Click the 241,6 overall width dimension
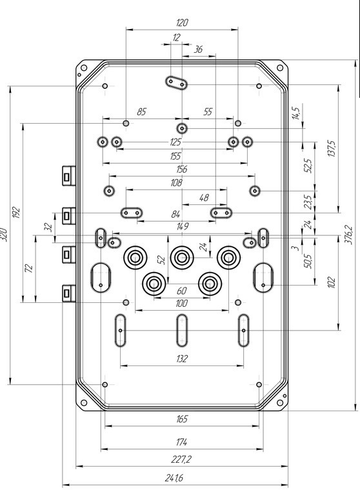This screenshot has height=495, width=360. [x=174, y=478]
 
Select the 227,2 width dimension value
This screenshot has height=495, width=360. [x=181, y=459]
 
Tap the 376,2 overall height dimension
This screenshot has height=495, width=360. [x=348, y=234]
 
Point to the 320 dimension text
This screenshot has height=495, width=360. [x=4, y=234]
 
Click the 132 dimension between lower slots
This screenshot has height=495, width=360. [x=181, y=358]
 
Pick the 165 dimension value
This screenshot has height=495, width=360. [x=182, y=419]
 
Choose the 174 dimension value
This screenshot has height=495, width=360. [x=181, y=442]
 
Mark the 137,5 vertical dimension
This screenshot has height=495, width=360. [x=332, y=149]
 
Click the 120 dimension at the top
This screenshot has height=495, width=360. [x=182, y=23]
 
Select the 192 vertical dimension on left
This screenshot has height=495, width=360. [x=16, y=212]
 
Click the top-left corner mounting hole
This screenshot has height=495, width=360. [x=84, y=68]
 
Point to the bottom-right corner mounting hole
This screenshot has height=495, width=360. [x=280, y=402]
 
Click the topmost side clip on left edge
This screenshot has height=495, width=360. [x=68, y=176]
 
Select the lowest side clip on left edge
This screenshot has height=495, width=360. [x=68, y=293]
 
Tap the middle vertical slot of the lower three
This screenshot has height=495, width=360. [x=182, y=330]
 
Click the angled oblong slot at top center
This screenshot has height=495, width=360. [x=176, y=83]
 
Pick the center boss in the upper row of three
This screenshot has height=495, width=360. [x=182, y=258]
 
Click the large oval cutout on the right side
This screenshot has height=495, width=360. [x=263, y=278]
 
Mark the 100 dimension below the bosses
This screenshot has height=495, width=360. [x=181, y=304]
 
